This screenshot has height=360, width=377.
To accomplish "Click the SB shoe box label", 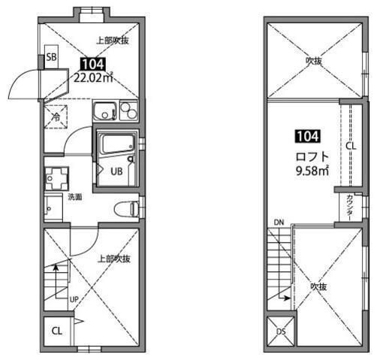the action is click(52, 57).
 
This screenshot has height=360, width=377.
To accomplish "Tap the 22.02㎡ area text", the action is click(93, 78).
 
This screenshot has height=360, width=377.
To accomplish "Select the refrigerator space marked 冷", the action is click(56, 116).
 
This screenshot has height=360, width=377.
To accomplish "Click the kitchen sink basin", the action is click(105, 111).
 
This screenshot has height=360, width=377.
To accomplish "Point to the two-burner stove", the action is click(128, 111).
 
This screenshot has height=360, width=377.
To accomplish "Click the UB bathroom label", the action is click(116, 171).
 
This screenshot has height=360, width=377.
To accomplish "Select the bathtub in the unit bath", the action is click(117, 144).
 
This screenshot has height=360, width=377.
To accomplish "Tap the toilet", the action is click(127, 209).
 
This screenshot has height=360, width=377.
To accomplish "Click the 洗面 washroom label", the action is click(75, 197).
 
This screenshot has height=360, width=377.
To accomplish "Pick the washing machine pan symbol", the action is click(56, 178).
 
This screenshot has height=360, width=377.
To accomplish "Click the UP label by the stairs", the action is click(74, 299).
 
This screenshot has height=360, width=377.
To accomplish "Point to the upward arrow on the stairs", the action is click(56, 281).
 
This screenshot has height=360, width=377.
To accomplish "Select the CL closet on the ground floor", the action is click(57, 331).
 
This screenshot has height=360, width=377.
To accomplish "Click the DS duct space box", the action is click(281, 331).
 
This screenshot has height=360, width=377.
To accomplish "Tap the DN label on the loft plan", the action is click(279, 222).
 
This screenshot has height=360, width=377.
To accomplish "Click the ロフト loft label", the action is click(312, 157).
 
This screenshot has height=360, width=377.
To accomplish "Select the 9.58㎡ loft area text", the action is click(312, 171).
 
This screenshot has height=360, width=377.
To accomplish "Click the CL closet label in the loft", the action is click(351, 146).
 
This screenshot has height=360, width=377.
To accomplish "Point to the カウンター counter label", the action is click(350, 207).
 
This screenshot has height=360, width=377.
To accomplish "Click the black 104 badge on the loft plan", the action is click(308, 137).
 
